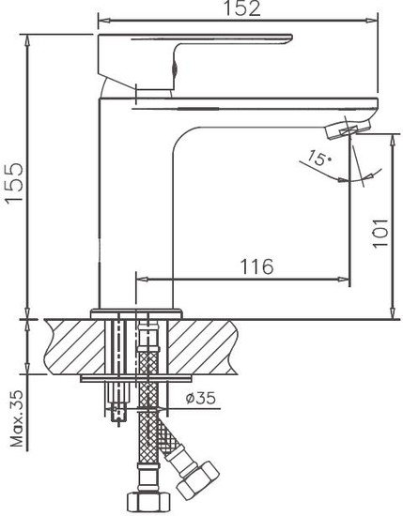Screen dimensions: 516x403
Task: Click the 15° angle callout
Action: [321, 161]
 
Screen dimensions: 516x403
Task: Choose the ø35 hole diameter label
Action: [201, 400]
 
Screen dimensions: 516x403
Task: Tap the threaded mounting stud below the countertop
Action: [117, 399]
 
